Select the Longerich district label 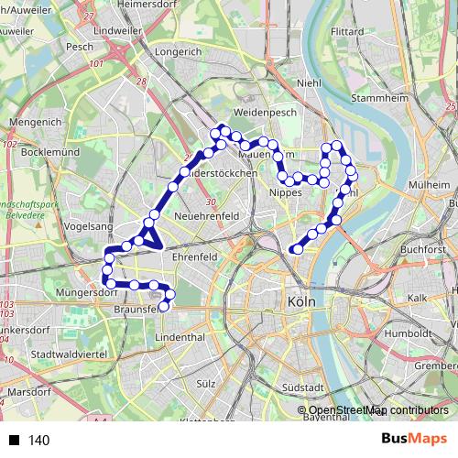point(179,52)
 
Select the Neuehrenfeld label point(207,215)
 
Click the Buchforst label point(421,248)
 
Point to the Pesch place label point(80,45)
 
